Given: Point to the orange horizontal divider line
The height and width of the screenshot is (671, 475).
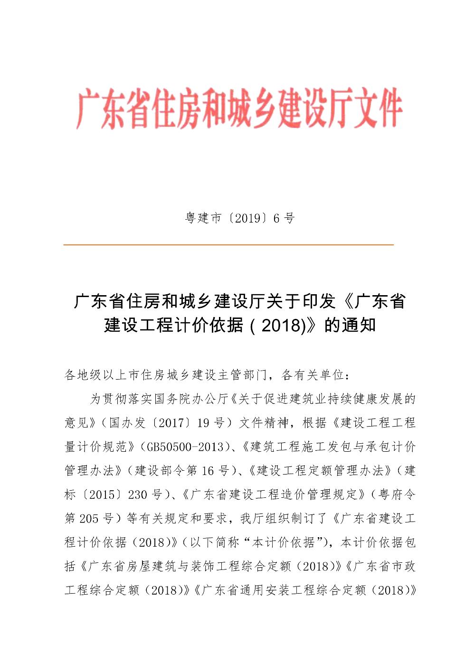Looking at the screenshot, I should click(x=228, y=244).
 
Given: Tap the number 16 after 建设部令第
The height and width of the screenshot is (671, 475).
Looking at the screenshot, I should click(x=208, y=471).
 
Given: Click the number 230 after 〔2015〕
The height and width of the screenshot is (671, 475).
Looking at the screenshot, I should click(x=138, y=494).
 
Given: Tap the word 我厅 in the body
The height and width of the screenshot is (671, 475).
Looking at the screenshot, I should click(x=251, y=518).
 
